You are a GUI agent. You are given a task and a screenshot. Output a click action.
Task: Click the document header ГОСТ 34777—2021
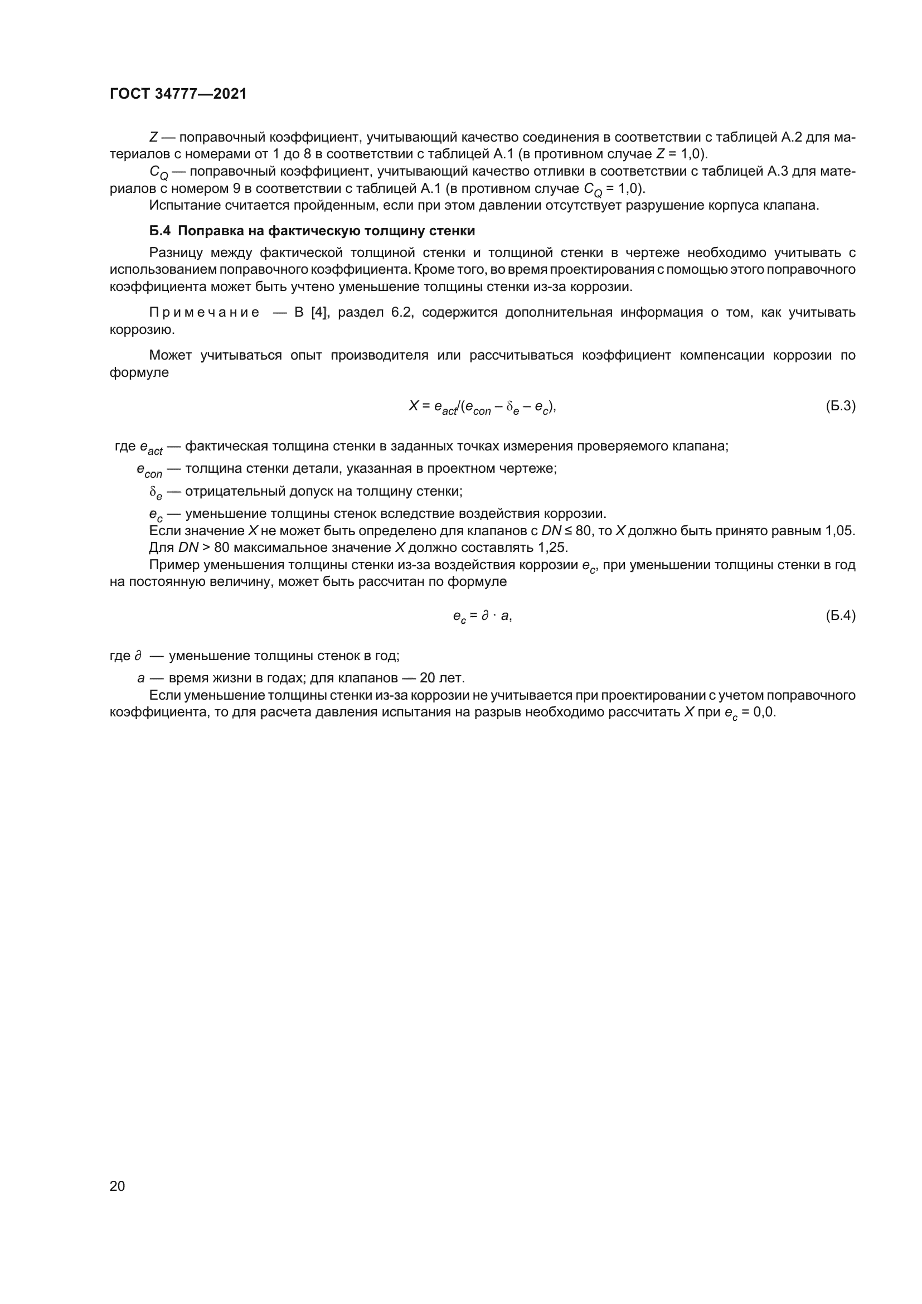[x=178, y=94]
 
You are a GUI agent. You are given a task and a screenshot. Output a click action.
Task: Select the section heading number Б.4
[x=159, y=231]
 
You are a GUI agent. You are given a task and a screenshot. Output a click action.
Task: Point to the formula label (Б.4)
[x=840, y=615]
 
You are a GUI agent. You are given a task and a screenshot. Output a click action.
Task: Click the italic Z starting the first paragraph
[x=153, y=137]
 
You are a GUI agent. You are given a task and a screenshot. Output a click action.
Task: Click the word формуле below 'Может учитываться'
[x=139, y=372]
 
